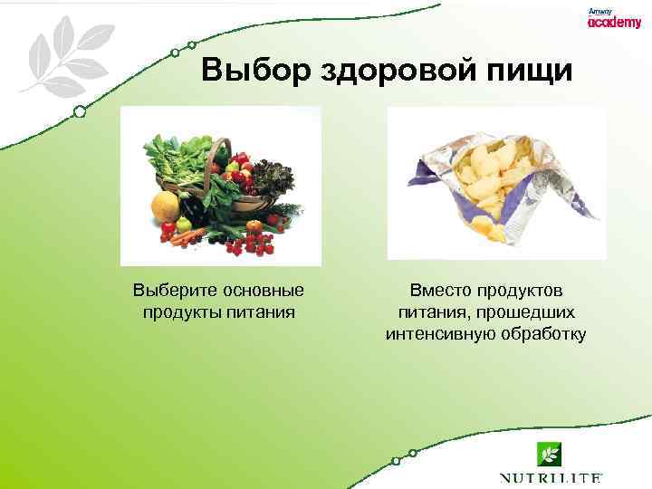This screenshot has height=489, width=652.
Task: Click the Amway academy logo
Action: click(x=613, y=19)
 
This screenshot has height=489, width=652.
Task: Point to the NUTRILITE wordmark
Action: click(x=550, y=477)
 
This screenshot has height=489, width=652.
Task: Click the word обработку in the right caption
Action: click(x=542, y=334)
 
